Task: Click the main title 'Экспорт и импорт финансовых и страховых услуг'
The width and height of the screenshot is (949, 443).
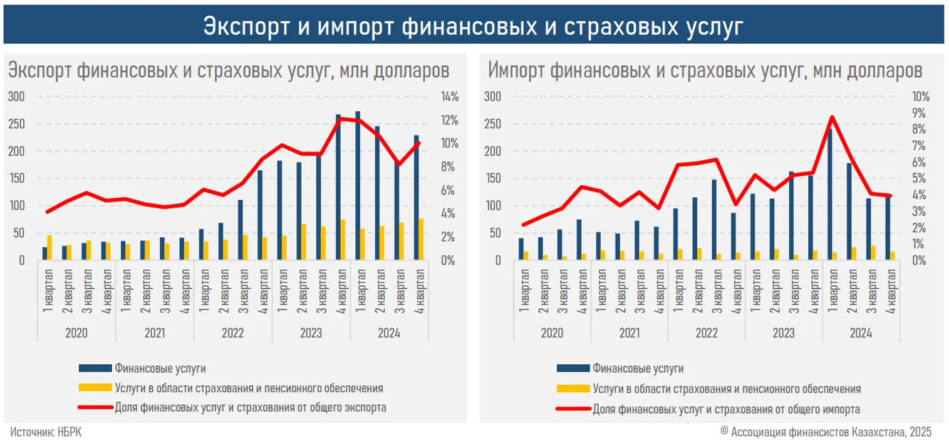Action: (x=474, y=26)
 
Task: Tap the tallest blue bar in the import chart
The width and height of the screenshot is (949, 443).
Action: (x=831, y=194)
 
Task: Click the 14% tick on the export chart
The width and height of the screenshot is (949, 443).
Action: (x=449, y=97)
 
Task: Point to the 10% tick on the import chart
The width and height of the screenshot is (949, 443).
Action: (x=920, y=97)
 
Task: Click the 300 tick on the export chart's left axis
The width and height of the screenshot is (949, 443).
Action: (x=16, y=97)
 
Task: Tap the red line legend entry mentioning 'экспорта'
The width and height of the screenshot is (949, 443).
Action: (x=251, y=408)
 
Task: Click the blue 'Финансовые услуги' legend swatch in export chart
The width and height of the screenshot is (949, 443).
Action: (x=95, y=368)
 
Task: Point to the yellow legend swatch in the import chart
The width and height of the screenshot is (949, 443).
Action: (x=573, y=389)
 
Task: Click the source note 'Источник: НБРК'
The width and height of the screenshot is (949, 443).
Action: (x=46, y=432)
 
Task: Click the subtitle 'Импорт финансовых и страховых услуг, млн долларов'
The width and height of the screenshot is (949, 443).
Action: (x=705, y=71)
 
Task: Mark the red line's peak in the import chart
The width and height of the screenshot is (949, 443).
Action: (x=831, y=117)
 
